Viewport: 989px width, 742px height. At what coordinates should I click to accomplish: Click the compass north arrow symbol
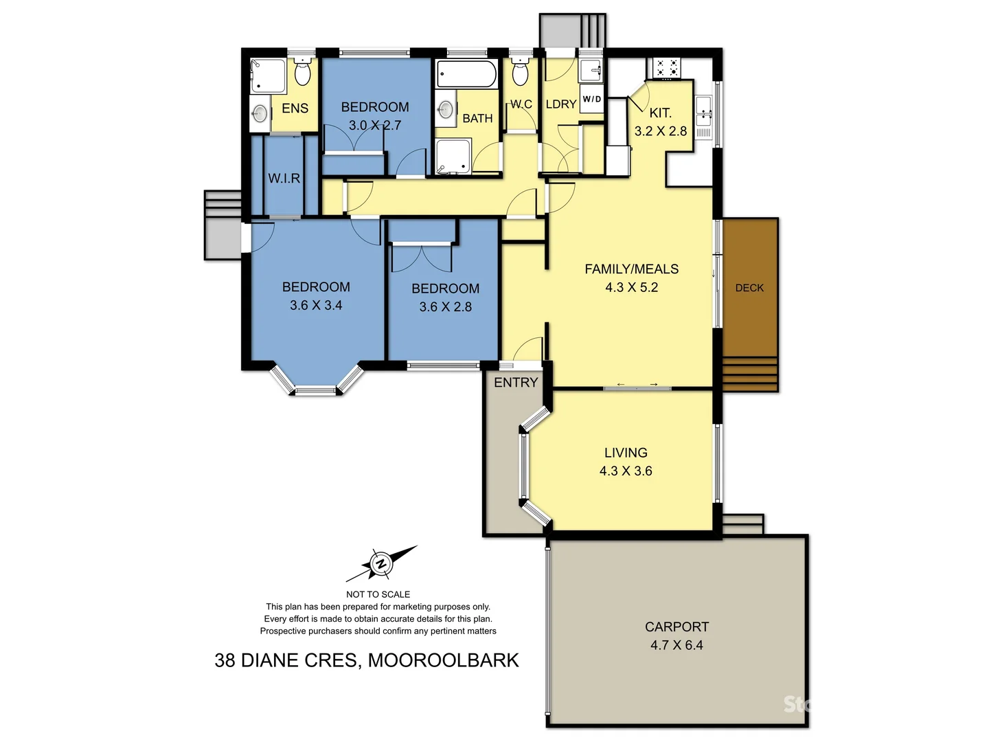click(x=381, y=564)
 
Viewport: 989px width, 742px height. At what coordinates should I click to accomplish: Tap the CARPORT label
click(x=677, y=627)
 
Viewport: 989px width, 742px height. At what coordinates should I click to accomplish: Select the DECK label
click(x=749, y=288)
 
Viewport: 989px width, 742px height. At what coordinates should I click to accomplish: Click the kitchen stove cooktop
click(x=666, y=67)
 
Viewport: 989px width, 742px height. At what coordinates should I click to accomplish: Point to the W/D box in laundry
click(x=592, y=99)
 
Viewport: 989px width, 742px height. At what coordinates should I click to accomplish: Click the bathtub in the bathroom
click(x=467, y=74)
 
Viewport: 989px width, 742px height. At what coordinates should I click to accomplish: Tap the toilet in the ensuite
click(x=303, y=71)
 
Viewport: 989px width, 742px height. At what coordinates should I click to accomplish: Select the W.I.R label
click(x=284, y=178)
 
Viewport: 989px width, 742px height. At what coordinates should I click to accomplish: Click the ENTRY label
click(x=516, y=383)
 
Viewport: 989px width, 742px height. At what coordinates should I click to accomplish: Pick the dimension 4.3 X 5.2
click(x=631, y=287)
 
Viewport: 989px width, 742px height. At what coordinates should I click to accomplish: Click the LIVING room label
click(x=626, y=453)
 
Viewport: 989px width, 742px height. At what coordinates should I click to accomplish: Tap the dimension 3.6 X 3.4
click(x=316, y=305)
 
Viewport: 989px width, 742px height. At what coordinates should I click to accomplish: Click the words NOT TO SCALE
click(x=378, y=594)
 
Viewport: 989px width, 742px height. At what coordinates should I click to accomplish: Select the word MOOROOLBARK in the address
click(x=443, y=660)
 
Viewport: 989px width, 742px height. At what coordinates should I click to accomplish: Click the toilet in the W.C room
click(x=521, y=71)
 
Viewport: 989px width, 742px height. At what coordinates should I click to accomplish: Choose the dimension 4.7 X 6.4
click(x=677, y=645)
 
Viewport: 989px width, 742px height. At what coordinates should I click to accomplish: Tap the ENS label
click(x=295, y=108)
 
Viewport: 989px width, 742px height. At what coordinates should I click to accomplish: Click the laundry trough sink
click(x=591, y=71)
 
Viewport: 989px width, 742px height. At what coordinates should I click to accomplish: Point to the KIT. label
click(x=660, y=113)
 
